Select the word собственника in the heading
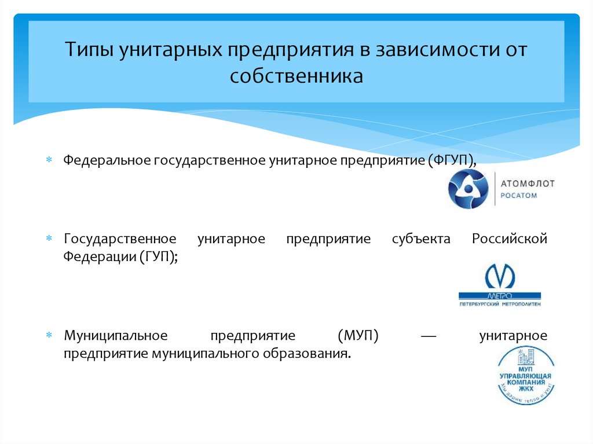296,76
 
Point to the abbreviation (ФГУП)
452,159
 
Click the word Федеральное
107,159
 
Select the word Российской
509,239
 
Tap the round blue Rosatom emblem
468,189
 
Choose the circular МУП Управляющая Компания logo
526,375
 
